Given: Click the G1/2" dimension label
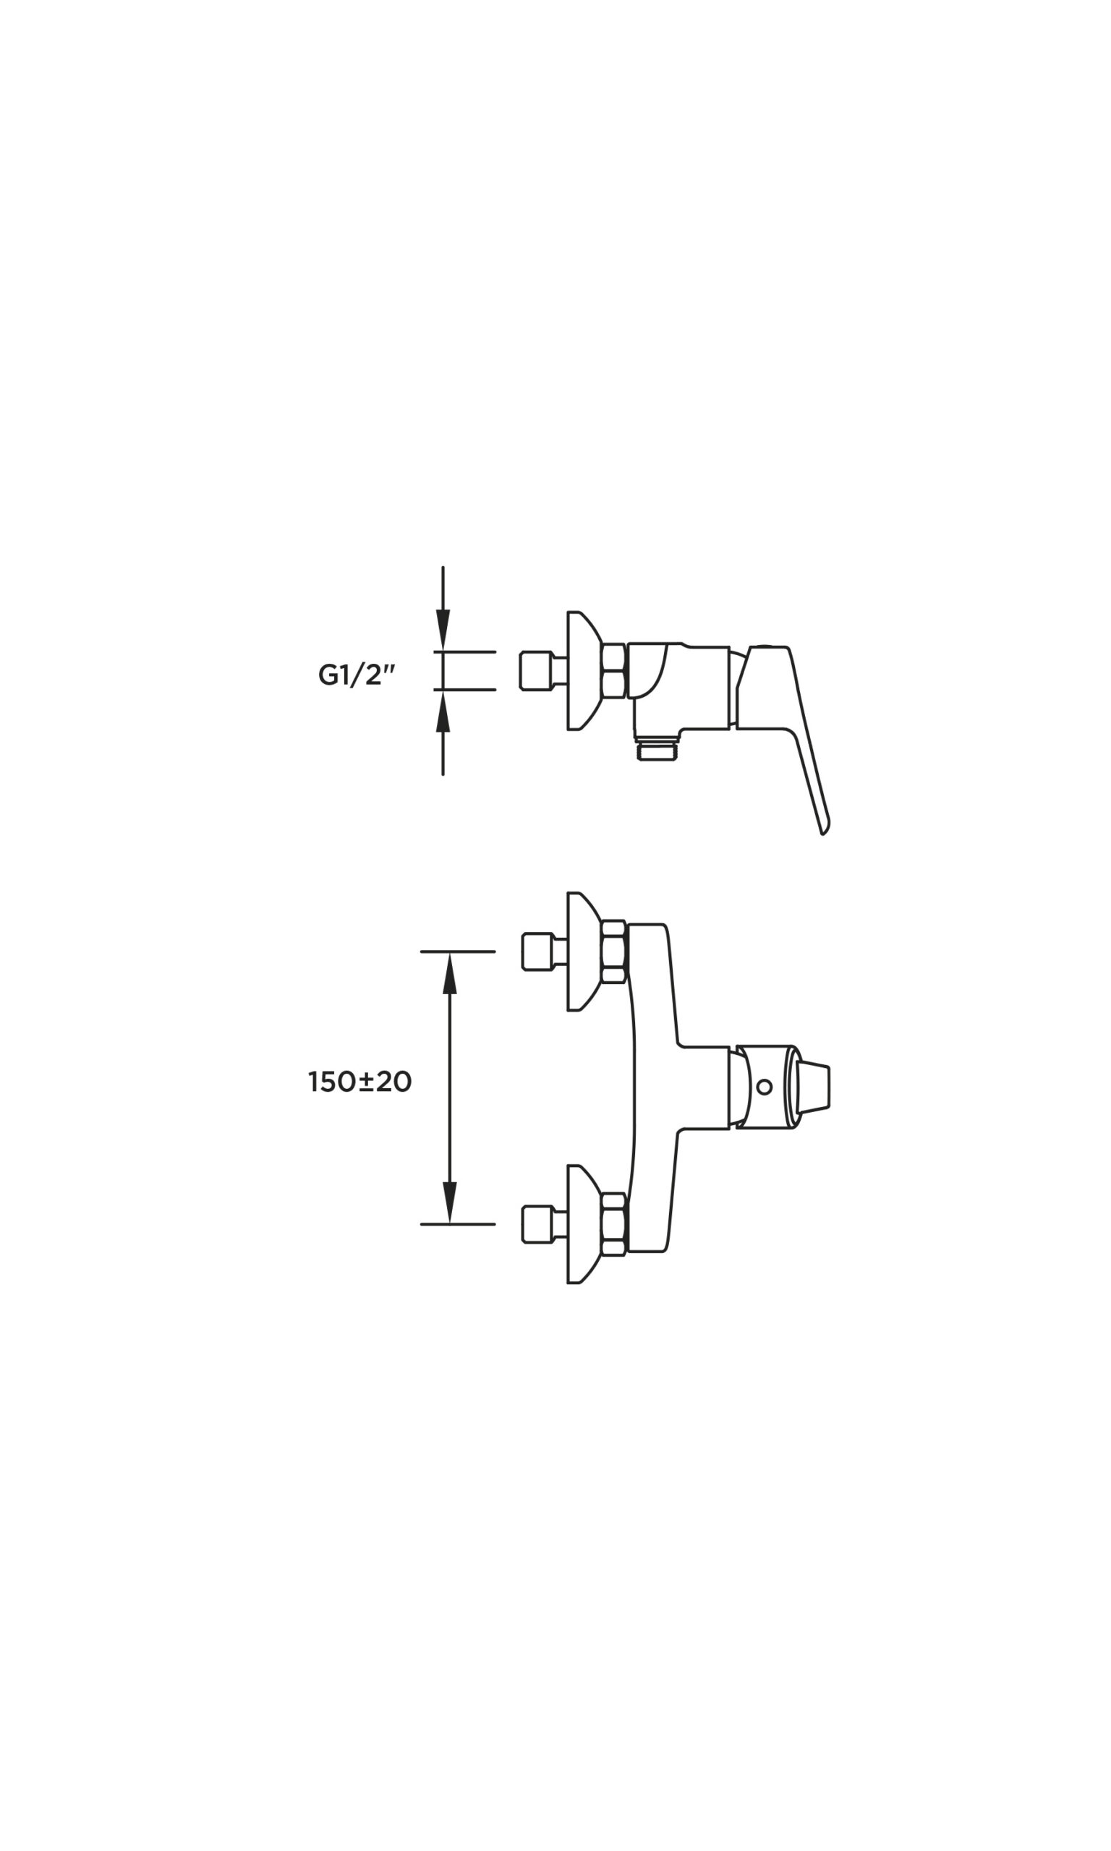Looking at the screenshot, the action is coord(357,675).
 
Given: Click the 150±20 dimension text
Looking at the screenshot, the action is coord(359,1082).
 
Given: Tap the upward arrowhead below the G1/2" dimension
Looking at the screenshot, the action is coord(443,711).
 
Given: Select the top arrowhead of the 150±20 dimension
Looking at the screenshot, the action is coord(449,973).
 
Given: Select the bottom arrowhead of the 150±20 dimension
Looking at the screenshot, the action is coord(449,1202).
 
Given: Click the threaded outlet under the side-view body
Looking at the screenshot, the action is coord(659,750).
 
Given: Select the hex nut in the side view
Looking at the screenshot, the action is coord(614,670).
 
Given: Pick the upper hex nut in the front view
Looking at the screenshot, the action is coord(614,952).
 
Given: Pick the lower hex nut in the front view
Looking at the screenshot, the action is coord(614,1224).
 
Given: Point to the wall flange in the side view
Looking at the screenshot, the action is coord(582,670).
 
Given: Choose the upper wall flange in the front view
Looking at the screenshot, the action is coord(582,952).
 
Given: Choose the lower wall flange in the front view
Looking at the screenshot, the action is coord(582,1224).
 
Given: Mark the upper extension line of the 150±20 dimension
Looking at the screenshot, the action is coord(458,952).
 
